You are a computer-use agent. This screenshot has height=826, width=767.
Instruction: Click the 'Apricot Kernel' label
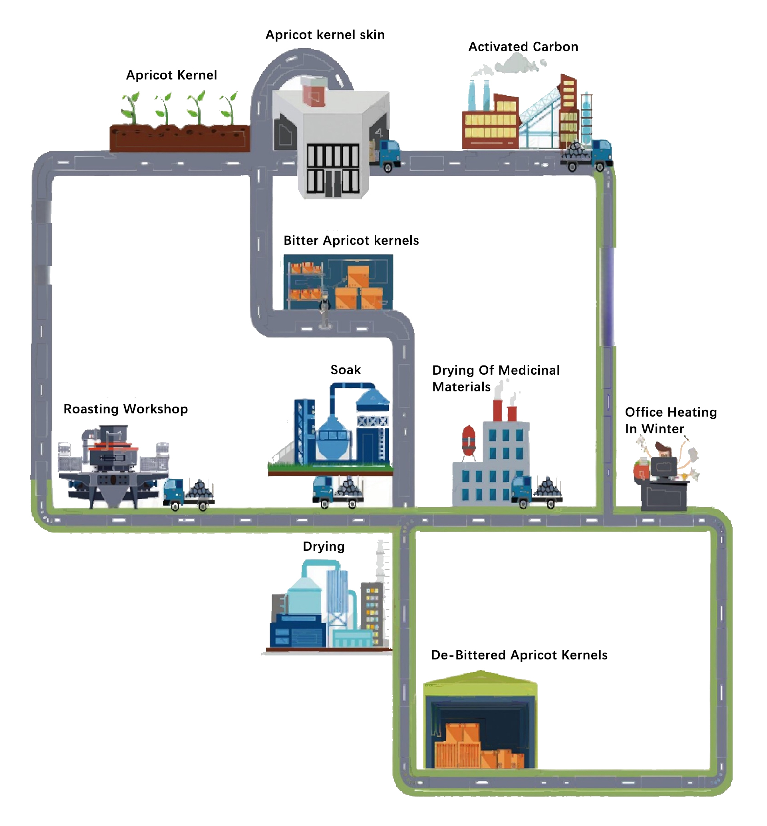point(171,75)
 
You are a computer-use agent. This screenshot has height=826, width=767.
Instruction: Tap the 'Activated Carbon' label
point(523,46)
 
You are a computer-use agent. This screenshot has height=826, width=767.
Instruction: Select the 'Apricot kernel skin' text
point(325,34)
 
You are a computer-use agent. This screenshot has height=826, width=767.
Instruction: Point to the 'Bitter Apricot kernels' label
point(351,240)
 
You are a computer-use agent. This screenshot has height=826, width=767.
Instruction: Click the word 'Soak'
point(345,369)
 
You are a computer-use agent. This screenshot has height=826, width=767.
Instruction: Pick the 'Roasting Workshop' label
point(125,409)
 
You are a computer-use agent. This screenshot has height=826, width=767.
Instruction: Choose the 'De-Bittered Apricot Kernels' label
point(519,655)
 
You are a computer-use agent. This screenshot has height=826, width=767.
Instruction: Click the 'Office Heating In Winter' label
point(671,420)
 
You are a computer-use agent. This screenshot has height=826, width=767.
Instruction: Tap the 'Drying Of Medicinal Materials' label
point(496,378)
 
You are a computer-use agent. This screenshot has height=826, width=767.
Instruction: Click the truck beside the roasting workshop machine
point(189,494)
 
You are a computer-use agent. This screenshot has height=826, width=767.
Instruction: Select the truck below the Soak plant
point(338,492)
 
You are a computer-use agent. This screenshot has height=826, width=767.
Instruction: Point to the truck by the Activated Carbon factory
point(586,155)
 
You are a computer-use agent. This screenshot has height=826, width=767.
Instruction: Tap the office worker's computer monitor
point(664,467)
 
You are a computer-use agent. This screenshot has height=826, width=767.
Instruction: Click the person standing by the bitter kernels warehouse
point(324,309)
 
